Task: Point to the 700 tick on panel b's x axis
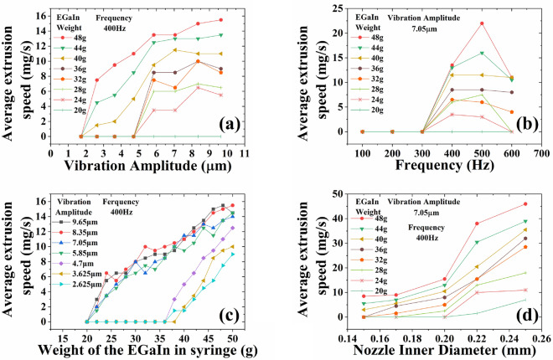tap(540, 156)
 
